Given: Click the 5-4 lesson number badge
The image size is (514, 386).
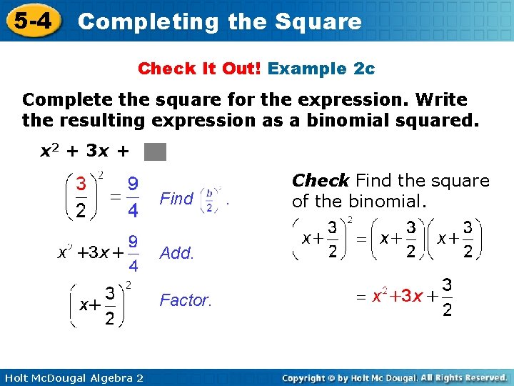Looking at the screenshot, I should coord(31,21).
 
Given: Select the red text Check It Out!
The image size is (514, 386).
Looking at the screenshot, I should coord(201,69).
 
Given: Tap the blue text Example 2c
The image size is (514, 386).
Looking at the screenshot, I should coord(321,69).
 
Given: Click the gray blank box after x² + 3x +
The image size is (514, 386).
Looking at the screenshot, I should coord(155,152).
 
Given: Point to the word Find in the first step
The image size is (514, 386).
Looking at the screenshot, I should coord(176,199).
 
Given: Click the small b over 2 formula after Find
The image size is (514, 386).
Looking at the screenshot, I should coord(209,199).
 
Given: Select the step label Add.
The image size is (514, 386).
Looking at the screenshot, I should coord(176,253).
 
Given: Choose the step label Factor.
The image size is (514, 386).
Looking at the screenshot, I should coord(186,300).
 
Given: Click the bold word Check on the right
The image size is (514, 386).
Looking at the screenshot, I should coord(321,181).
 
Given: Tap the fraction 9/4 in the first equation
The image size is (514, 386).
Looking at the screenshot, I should coord(132,198).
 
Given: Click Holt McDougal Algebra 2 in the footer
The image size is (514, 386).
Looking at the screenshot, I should coord(73,377).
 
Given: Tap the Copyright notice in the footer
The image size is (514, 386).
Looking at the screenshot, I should coord(394,377).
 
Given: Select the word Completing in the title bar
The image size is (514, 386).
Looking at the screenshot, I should coord(149,21).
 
